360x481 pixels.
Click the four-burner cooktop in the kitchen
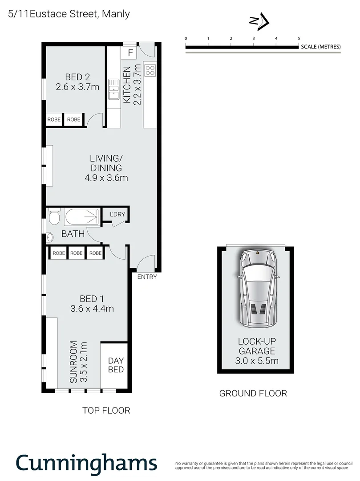150,70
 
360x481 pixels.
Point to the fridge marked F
130,53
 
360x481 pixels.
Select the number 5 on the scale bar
299,39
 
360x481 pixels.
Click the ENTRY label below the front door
147,277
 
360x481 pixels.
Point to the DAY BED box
116,365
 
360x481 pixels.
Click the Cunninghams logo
87,463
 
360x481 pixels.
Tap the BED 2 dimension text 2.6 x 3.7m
77,87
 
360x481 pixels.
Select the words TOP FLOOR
106,410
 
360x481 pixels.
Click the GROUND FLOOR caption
253,393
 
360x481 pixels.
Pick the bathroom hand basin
50,236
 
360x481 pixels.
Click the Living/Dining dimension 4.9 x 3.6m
106,179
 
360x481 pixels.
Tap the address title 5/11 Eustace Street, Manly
69,14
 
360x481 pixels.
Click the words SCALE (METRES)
320,47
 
